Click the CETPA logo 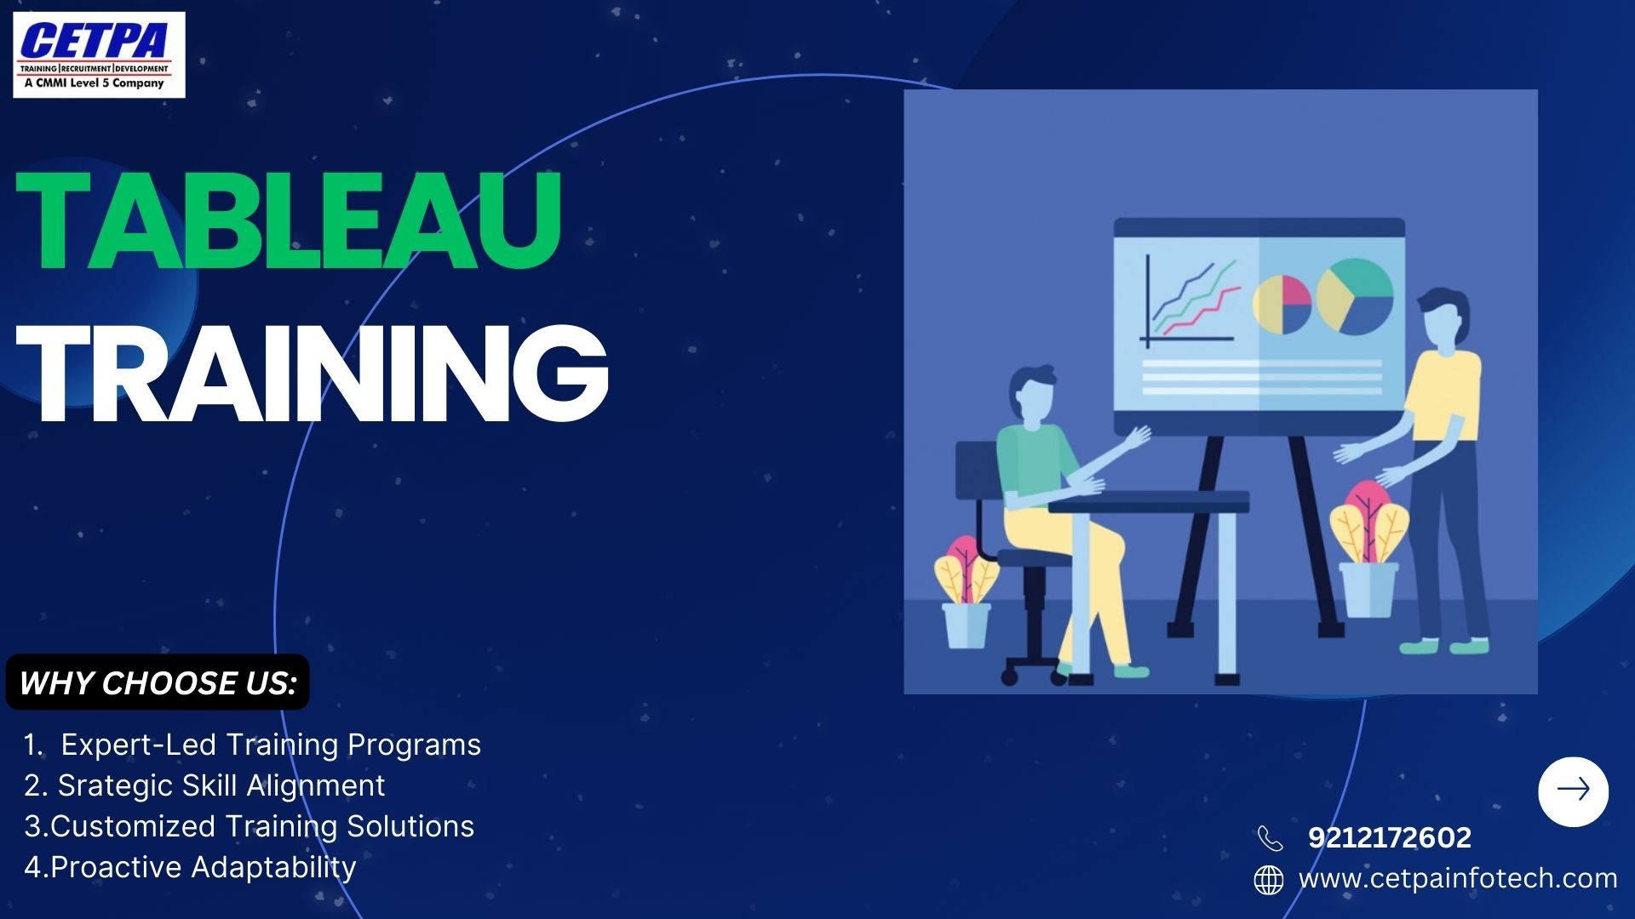pos(99,54)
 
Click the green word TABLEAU pos(290,220)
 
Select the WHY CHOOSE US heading pos(158,682)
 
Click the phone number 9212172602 pos(1390,837)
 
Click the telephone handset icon pos(1270,838)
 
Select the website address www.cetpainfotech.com pos(1458,878)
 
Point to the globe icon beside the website pos(1269,880)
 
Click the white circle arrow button pos(1573,791)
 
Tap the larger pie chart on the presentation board pos(1354,296)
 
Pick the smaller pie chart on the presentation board pos(1282,304)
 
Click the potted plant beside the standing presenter pos(1368,550)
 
